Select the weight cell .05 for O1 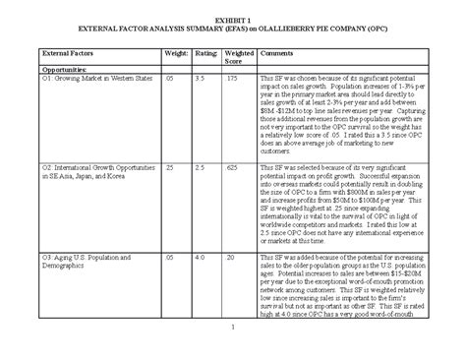pyautogui.click(x=169, y=79)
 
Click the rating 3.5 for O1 pyautogui.click(x=201, y=79)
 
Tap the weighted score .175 pyautogui.click(x=233, y=79)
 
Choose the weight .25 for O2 pyautogui.click(x=170, y=168)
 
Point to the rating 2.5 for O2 pyautogui.click(x=201, y=168)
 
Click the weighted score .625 pyautogui.click(x=233, y=168)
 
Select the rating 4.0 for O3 pyautogui.click(x=201, y=258)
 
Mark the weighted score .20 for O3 pyautogui.click(x=232, y=258)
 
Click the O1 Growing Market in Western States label pyautogui.click(x=91, y=79)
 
